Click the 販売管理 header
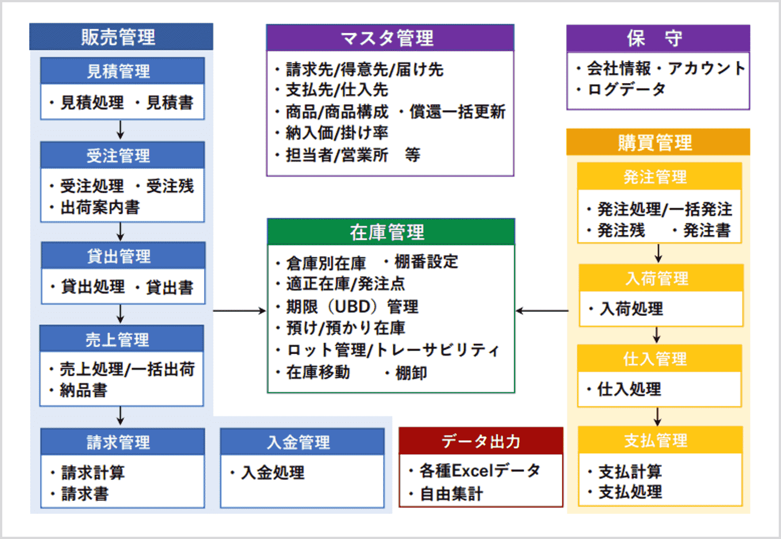[121, 37]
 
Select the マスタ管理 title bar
[390, 38]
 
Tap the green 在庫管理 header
[391, 232]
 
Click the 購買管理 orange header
[658, 142]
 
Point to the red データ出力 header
[481, 441]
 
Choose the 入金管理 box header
[302, 442]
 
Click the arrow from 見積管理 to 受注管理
[120, 130]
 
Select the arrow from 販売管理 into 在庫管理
[239, 311]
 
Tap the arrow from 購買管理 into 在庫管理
[542, 311]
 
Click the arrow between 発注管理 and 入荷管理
[658, 253]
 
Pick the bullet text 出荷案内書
[100, 207]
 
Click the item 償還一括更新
[457, 112]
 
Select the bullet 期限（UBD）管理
[352, 307]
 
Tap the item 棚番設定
[426, 261]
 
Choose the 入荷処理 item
[631, 309]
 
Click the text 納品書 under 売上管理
[83, 390]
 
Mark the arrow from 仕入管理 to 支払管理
[658, 417]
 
